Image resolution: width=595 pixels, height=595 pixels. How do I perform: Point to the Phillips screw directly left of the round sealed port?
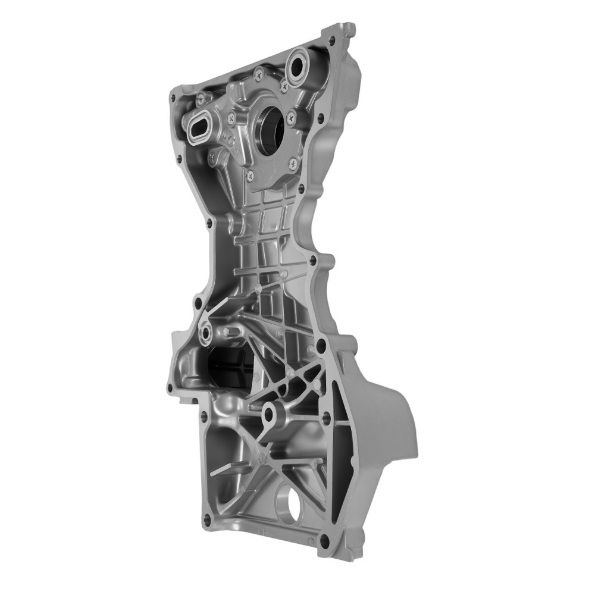258,74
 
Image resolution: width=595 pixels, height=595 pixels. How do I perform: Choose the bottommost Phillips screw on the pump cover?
250,176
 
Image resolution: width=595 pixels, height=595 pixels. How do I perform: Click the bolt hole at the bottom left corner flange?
206,518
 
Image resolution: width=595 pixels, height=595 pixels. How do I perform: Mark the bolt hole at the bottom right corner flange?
324,541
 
